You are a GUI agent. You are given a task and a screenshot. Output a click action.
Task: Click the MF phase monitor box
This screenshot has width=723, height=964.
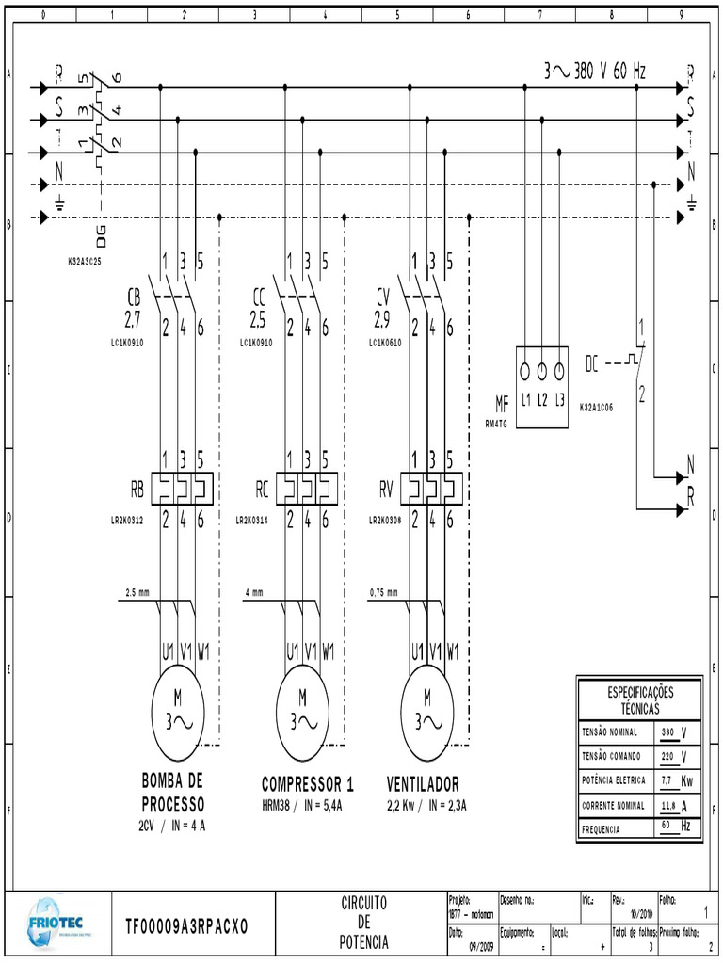coord(543,386)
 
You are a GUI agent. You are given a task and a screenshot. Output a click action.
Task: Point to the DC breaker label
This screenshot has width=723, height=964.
coord(592,362)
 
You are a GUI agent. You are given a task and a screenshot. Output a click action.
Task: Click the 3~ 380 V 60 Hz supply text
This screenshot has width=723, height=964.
coord(595,72)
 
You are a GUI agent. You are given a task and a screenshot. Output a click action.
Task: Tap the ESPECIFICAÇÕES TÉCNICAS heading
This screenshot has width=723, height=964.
coord(639,699)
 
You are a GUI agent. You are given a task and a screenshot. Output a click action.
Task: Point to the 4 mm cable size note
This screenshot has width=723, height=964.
coord(254,593)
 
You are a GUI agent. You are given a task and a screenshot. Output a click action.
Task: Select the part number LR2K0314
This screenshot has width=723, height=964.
coord(256,520)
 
